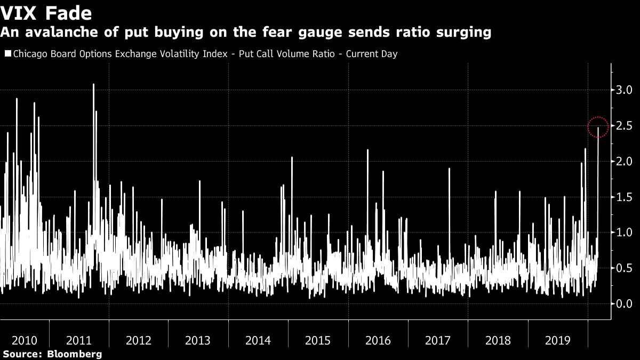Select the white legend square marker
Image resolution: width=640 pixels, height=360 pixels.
click(7, 54)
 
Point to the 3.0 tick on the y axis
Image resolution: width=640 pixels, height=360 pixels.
click(625, 90)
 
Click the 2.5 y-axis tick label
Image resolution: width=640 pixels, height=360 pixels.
click(625, 125)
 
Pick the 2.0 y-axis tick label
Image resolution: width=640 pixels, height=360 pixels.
click(625, 161)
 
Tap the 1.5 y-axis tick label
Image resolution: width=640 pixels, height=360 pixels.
click(625, 197)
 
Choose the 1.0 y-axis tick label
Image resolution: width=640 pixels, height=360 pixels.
click(625, 233)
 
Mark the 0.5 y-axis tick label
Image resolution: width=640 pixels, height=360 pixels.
click(625, 268)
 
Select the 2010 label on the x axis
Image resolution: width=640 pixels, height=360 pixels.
click(25, 340)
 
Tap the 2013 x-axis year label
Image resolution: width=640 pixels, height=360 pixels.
click(198, 340)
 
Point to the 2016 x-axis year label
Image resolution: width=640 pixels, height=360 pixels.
click(378, 340)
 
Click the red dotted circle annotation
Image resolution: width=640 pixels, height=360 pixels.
click(598, 127)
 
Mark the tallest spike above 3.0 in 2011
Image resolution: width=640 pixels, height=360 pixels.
click(93, 85)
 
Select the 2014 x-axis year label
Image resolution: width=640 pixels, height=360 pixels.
click(258, 340)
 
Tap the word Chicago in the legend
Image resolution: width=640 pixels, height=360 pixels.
click(29, 54)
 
